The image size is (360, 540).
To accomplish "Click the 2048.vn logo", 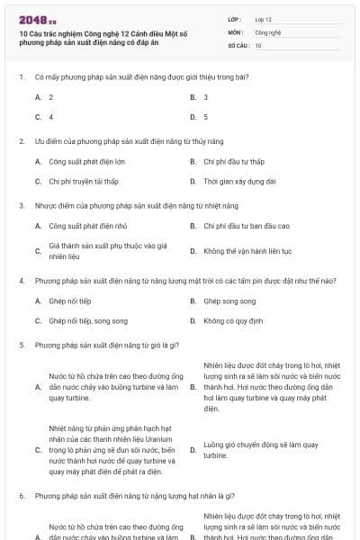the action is point(37,19).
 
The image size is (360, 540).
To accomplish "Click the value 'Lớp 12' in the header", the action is point(263,18).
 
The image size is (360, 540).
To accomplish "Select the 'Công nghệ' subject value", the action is point(267,31).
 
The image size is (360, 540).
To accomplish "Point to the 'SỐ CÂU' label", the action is point(237,45).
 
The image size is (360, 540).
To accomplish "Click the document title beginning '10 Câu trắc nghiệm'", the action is point(108,36).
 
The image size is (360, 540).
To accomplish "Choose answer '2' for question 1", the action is point(51,97).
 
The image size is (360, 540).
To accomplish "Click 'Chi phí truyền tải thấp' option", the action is point(84,182).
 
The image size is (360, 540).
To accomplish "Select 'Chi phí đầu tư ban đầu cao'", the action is point(246,226).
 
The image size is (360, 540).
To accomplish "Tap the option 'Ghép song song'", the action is point(229,301).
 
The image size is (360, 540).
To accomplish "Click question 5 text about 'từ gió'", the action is point(108,345).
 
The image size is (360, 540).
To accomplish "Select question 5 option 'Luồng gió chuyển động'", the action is point(260,450).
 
